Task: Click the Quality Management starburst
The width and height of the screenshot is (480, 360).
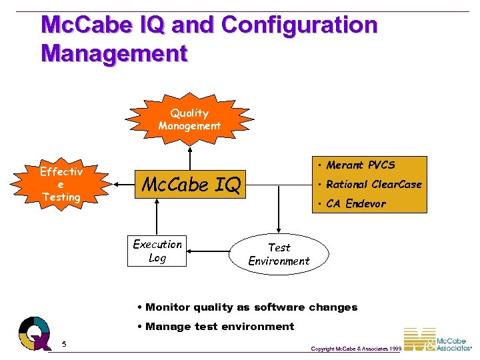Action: pyautogui.click(x=189, y=119)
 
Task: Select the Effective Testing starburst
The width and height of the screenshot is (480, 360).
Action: pyautogui.click(x=61, y=184)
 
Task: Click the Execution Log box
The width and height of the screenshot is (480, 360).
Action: pyautogui.click(x=157, y=251)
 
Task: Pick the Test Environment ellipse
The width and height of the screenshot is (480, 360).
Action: pyautogui.click(x=279, y=254)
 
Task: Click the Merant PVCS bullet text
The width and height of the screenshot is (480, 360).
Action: pyautogui.click(x=360, y=165)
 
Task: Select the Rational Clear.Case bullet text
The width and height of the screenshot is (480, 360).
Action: pyautogui.click(x=373, y=185)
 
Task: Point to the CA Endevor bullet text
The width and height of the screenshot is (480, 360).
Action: pyautogui.click(x=355, y=204)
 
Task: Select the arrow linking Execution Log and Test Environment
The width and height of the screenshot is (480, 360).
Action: pyautogui.click(x=208, y=252)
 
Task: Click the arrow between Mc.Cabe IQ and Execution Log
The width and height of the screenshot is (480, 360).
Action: pyautogui.click(x=157, y=217)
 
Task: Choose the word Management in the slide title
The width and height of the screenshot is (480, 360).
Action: pyautogui.click(x=114, y=53)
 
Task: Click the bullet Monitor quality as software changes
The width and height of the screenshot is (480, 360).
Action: pyautogui.click(x=247, y=307)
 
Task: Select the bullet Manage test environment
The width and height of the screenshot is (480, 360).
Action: pyautogui.click(x=215, y=327)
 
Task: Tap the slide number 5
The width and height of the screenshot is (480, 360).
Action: pyautogui.click(x=64, y=344)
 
